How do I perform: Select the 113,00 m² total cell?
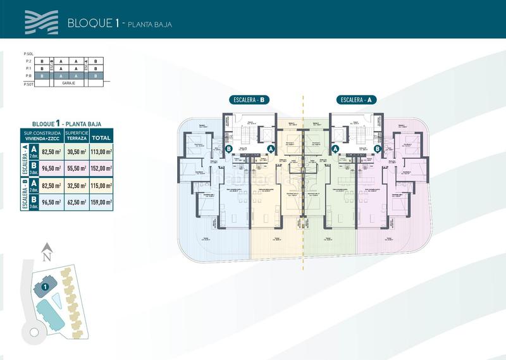(101, 152)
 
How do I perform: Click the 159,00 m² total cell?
(101, 202)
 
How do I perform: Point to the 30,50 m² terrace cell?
(75, 152)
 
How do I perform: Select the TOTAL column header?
(101, 137)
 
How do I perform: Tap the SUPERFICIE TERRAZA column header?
(75, 137)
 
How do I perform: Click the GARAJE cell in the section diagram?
(68, 83)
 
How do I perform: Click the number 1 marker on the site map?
(45, 287)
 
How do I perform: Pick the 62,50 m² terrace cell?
(75, 202)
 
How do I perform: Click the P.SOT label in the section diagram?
(27, 83)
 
